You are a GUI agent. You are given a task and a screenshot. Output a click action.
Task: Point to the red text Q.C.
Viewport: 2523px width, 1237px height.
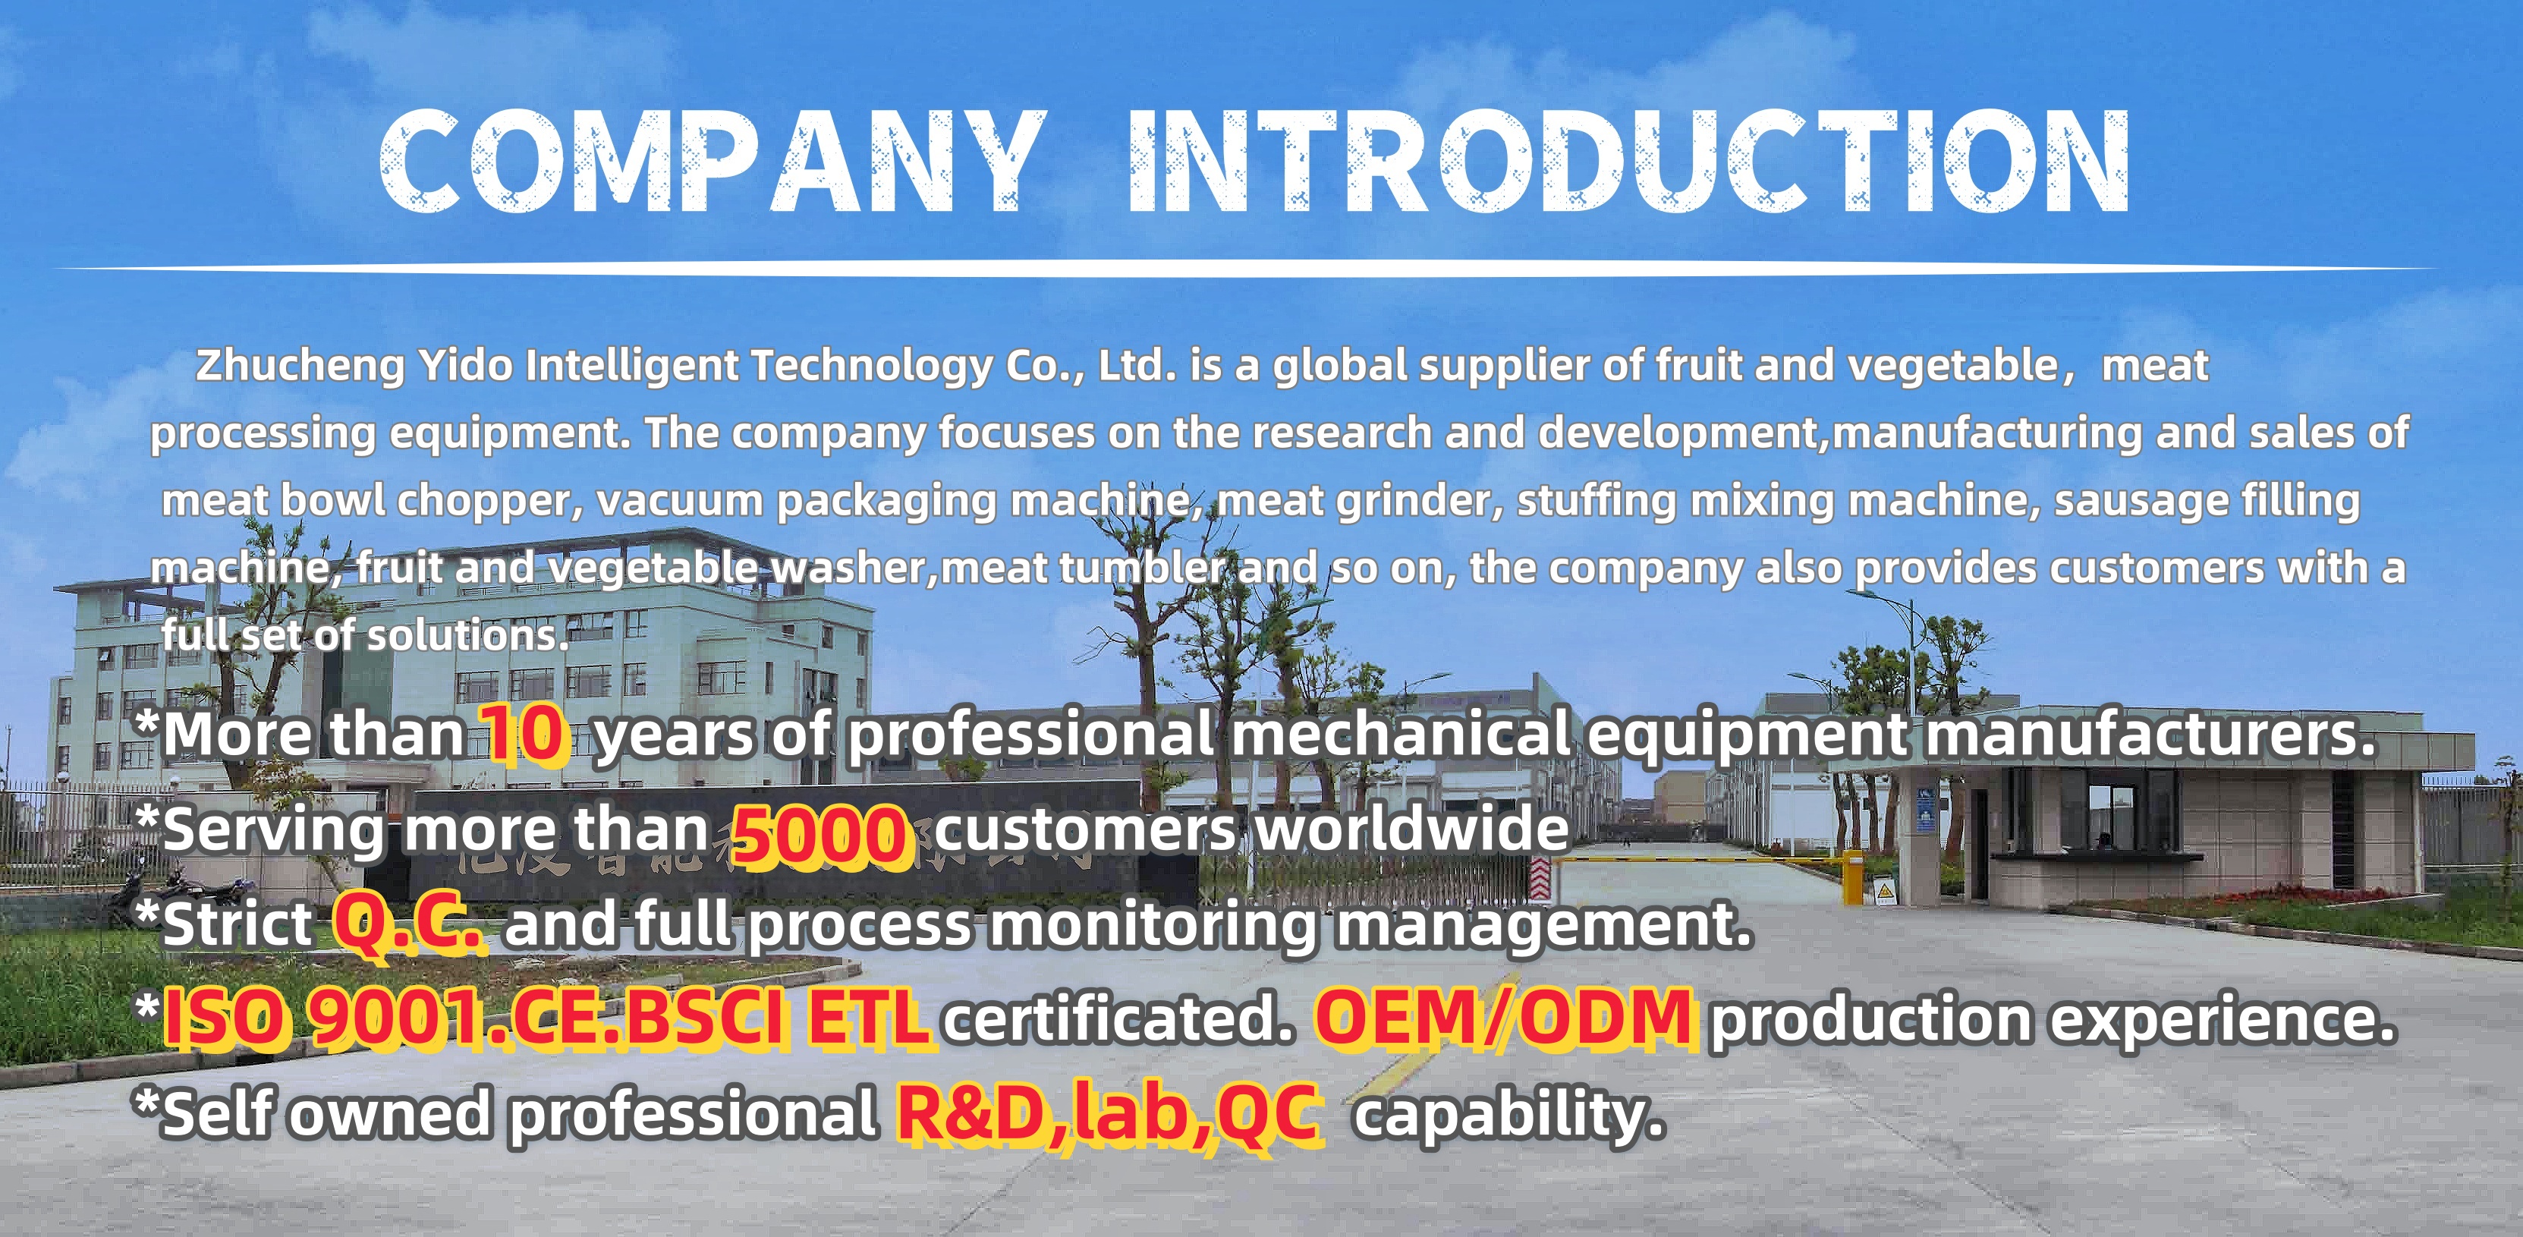click(408, 924)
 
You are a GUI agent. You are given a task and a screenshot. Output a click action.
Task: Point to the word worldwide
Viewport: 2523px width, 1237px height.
click(1411, 829)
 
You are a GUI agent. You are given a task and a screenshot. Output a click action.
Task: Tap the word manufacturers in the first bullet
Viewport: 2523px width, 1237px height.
click(2151, 734)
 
